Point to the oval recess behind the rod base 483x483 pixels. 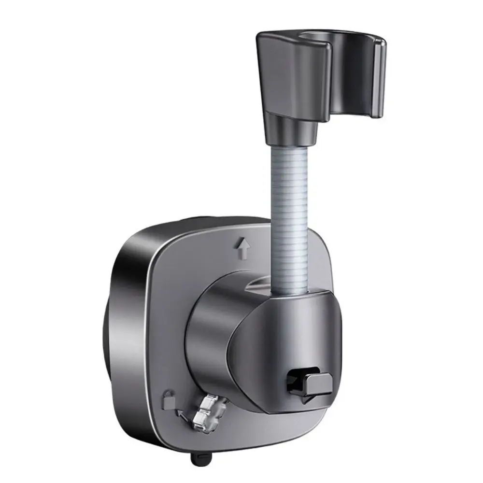coord(261,286)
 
